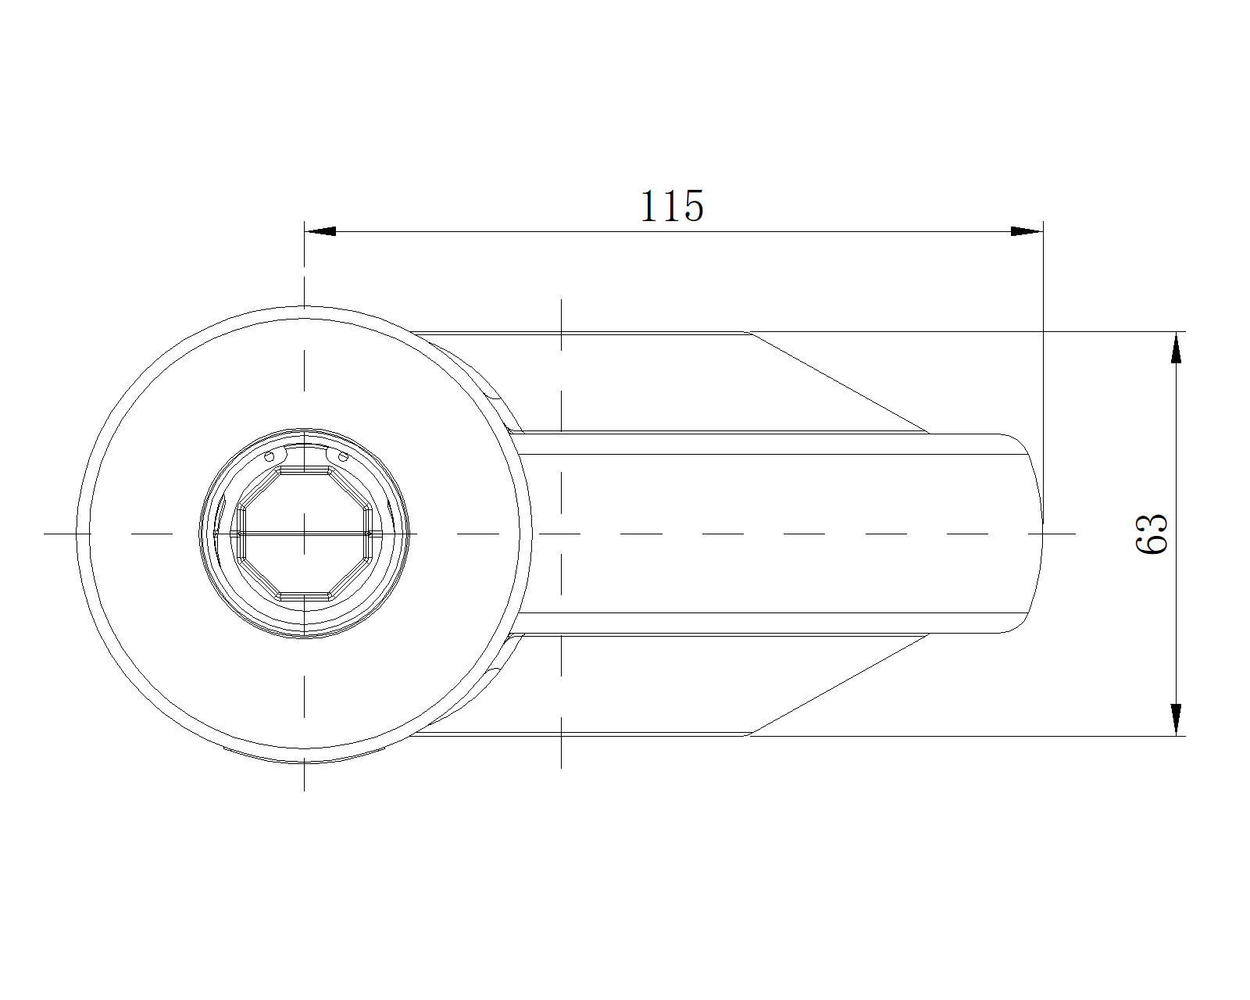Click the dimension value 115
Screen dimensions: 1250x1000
672,205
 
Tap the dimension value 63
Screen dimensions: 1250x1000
1152,534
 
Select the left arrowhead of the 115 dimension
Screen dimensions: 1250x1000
320,231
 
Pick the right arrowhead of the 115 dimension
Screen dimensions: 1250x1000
1027,231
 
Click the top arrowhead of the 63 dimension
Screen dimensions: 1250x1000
1177,348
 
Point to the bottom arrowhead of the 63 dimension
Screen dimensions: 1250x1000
1177,720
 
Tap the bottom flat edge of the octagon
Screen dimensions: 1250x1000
305,596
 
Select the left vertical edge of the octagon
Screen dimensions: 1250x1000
241,534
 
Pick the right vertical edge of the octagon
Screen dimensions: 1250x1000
368,534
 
